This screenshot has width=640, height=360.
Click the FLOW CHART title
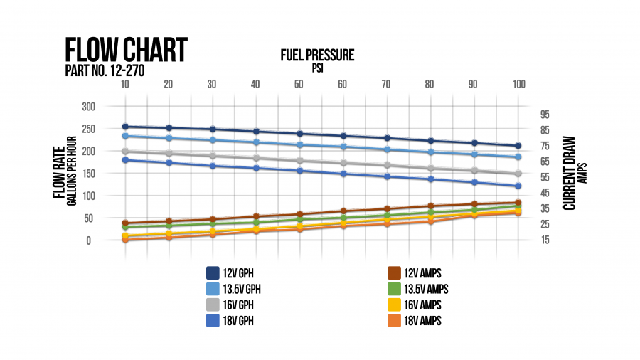tap(125, 51)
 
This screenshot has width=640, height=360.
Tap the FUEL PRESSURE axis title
tap(317, 55)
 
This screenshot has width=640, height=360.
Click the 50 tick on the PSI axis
tap(299, 84)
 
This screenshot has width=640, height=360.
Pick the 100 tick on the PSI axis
tap(518, 84)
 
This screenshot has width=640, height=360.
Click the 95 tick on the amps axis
tap(545, 114)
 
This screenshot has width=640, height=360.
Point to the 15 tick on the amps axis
tap(545, 240)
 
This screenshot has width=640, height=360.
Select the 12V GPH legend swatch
tap(213, 273)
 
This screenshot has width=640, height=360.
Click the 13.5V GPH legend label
tap(248, 289)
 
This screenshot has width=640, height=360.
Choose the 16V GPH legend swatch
tap(213, 305)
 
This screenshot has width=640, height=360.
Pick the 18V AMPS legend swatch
tap(394, 320)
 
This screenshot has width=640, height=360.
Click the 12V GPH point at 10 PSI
tap(125, 127)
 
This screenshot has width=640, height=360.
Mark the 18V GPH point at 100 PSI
tap(518, 186)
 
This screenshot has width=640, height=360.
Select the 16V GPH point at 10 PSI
tap(125, 151)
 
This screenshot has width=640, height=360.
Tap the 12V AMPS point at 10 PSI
tap(125, 223)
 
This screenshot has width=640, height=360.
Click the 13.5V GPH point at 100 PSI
tap(518, 157)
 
